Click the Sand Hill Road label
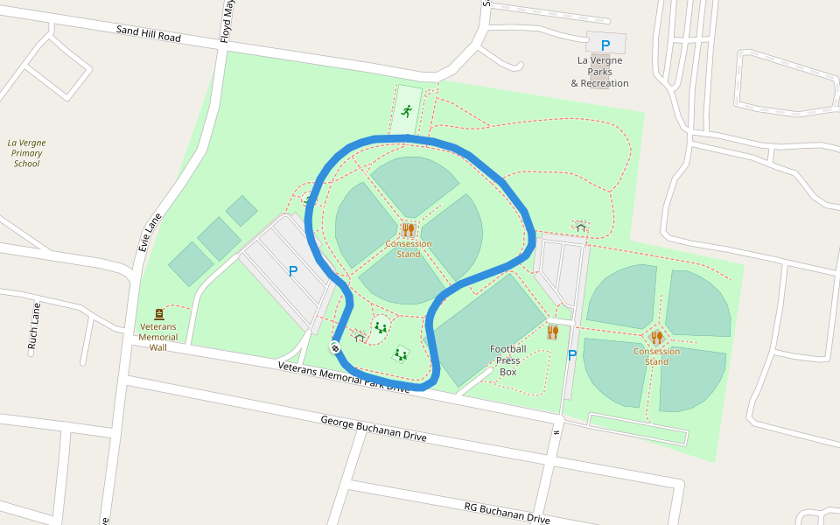[149, 33]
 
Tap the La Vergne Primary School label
[26, 153]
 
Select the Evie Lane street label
[150, 233]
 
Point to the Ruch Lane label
[34, 325]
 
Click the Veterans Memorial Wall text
[158, 337]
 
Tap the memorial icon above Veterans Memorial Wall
[159, 313]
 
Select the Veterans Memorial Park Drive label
[344, 377]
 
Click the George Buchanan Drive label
[374, 429]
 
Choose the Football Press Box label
[508, 360]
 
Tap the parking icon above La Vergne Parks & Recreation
[605, 45]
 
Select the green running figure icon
[407, 111]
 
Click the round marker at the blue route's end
[335, 347]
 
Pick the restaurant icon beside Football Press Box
[552, 332]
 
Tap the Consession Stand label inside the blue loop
[409, 249]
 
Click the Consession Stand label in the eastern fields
[656, 356]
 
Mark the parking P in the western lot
[293, 272]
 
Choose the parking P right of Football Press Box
[572, 355]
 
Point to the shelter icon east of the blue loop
[580, 227]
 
